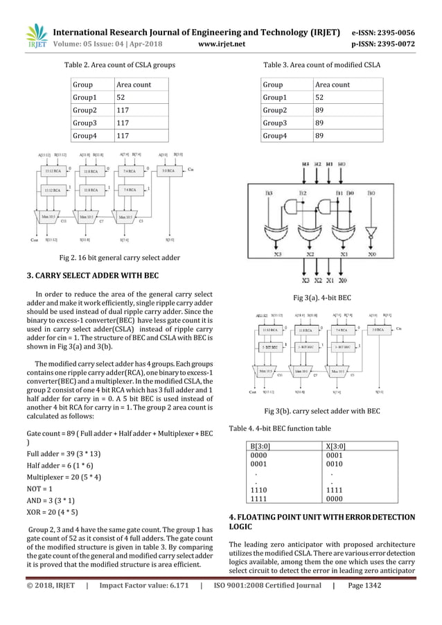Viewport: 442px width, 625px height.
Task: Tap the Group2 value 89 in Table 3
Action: (320, 110)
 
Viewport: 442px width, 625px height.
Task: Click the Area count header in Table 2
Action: (132, 85)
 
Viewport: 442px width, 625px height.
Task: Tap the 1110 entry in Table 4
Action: (257, 489)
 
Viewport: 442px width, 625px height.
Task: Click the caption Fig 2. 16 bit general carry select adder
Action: (120, 257)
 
